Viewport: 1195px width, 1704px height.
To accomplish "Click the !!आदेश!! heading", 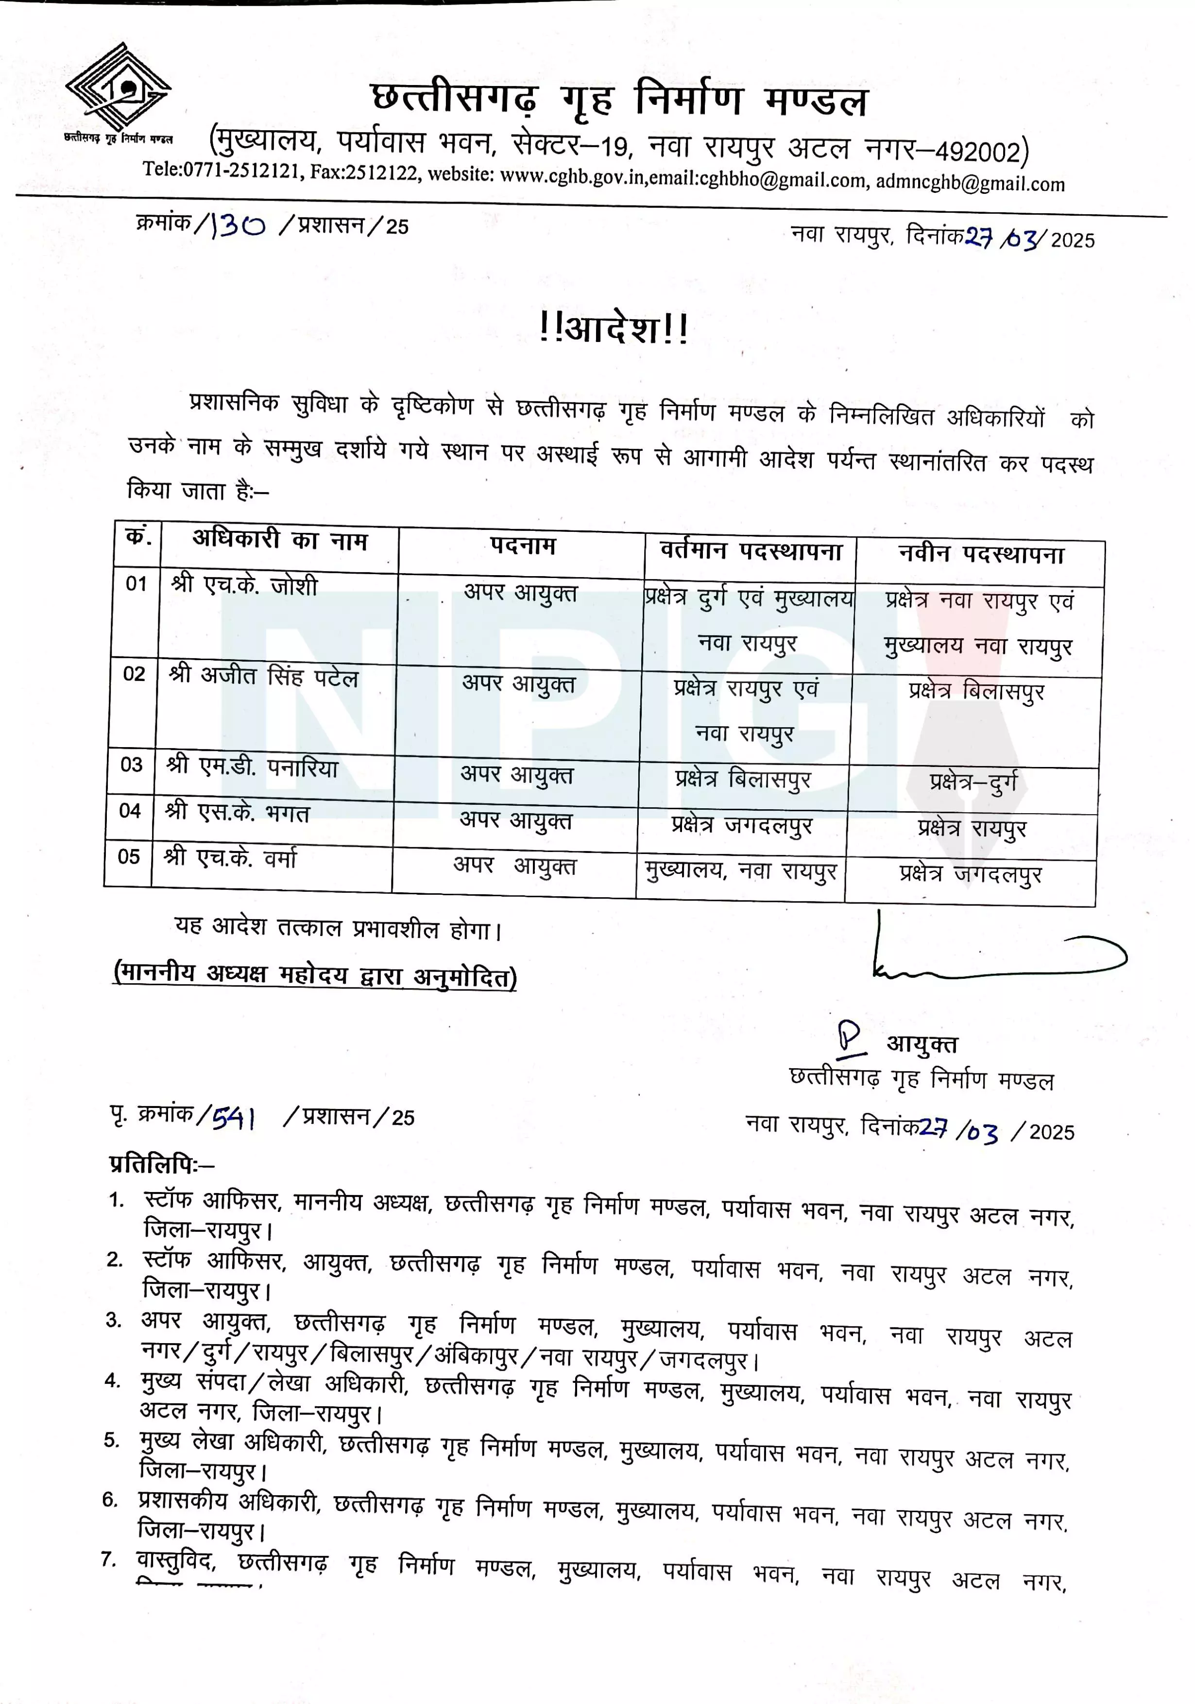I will [615, 328].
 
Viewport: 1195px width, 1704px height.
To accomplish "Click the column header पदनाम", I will [523, 547].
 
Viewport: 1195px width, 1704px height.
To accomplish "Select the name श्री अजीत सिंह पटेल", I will [263, 677].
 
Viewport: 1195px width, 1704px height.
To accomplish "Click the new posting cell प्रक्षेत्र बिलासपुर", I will [976, 692].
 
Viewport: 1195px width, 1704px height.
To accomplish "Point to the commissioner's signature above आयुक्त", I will [994, 957].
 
